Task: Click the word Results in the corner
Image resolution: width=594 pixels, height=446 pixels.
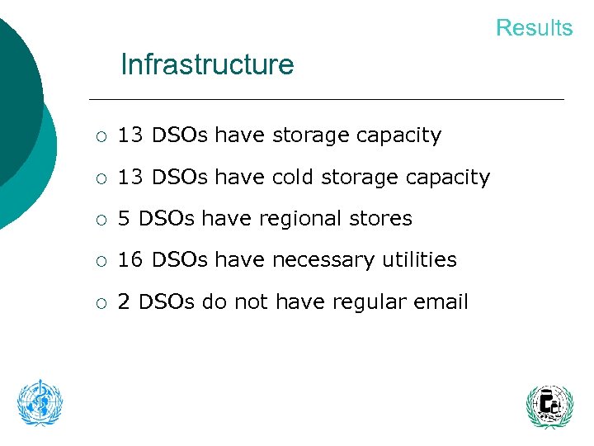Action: click(534, 27)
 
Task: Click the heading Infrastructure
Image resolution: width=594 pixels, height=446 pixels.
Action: click(207, 64)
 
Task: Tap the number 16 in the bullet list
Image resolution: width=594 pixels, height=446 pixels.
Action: click(130, 260)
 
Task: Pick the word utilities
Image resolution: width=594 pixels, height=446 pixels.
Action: click(417, 260)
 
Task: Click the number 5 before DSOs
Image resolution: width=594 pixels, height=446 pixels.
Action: click(125, 219)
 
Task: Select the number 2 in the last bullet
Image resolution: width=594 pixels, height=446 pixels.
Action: click(124, 302)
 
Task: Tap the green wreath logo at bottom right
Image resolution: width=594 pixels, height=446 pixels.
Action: click(549, 406)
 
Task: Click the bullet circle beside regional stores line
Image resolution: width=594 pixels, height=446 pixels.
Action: click(98, 220)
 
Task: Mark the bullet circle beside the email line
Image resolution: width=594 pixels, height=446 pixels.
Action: click(98, 303)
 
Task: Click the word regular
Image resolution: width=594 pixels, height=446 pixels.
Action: click(365, 302)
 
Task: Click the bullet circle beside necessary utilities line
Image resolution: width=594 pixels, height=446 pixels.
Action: click(98, 261)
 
